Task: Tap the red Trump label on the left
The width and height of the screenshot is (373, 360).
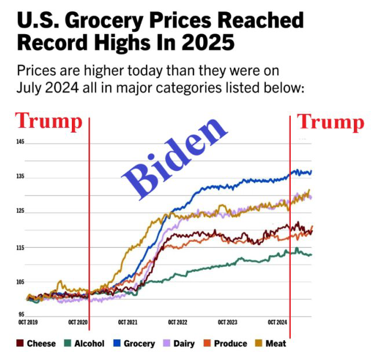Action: [x=48, y=122]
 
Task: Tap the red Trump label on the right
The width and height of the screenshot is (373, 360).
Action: [x=331, y=122]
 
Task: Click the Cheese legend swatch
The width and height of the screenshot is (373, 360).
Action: [x=20, y=343]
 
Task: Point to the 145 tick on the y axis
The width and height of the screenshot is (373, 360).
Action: [x=21, y=142]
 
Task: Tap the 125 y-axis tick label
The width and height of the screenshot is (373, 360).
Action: [x=21, y=212]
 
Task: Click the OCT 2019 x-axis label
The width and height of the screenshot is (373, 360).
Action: [x=28, y=322]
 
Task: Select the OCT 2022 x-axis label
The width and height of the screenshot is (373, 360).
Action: [x=178, y=322]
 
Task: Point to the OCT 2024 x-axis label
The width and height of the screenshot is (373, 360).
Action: [x=277, y=322]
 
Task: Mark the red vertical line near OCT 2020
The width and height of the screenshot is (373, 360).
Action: [x=89, y=232]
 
